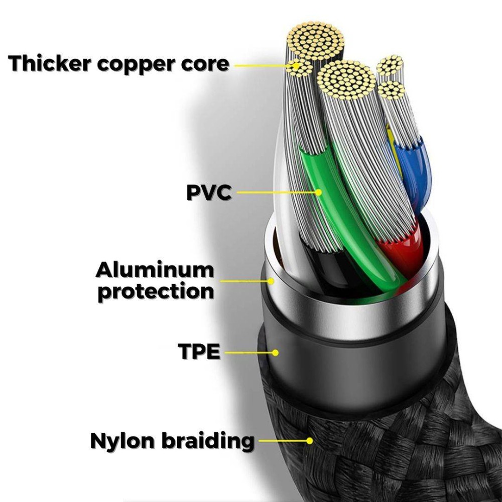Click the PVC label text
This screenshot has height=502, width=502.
(x=209, y=192)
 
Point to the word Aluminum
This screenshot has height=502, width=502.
(x=155, y=270)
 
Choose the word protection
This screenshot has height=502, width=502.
(x=156, y=291)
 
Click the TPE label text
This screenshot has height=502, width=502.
(x=199, y=352)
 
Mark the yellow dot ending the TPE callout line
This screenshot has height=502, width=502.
(x=275, y=352)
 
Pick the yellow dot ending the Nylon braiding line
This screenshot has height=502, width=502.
(x=310, y=441)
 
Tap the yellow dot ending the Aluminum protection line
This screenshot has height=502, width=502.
(x=272, y=281)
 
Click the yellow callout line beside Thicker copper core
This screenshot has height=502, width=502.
(x=261, y=65)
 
